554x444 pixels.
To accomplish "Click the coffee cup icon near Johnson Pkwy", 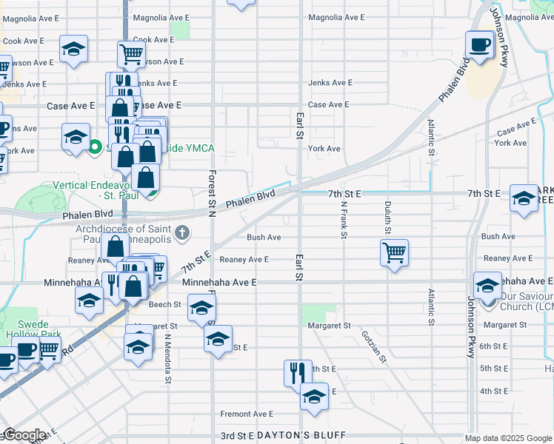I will [x=479, y=44].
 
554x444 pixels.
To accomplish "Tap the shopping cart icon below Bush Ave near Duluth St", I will [x=394, y=252].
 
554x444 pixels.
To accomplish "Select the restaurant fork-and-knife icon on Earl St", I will [x=298, y=372].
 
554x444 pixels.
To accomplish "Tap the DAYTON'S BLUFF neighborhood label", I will [x=298, y=437].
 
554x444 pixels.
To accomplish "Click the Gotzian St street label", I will [x=375, y=346].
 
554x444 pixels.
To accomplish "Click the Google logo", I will [x=24, y=435].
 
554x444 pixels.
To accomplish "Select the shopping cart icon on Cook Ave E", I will [x=131, y=53].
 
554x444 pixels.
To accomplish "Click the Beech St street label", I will [x=164, y=304].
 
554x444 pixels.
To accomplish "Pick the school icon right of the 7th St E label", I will [x=524, y=198].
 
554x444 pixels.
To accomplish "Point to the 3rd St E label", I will [x=237, y=437].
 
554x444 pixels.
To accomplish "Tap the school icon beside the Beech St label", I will [x=201, y=308].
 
